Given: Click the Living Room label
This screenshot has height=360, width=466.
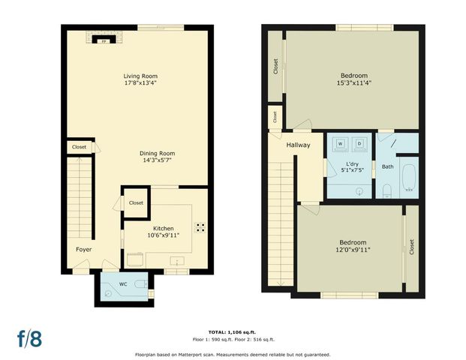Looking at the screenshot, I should click(x=140, y=76).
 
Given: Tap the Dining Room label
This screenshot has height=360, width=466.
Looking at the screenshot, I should click(x=141, y=153).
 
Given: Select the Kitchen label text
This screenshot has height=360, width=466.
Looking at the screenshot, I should click(x=164, y=228).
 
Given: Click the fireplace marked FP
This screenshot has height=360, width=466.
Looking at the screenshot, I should click(x=103, y=42).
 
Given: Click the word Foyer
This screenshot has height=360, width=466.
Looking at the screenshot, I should click(x=83, y=249).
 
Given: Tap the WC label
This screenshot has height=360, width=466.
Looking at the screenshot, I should click(x=122, y=284).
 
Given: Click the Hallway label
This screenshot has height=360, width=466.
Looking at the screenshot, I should click(x=298, y=145).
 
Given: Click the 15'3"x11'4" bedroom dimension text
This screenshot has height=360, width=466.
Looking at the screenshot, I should click(x=354, y=82).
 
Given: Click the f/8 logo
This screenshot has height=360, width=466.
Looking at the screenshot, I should click(x=29, y=337).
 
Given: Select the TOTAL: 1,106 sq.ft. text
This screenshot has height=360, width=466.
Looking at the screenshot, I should click(x=233, y=331).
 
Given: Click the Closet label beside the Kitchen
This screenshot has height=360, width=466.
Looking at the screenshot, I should click(x=136, y=202).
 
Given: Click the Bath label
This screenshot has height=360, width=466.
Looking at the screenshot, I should click(x=387, y=166).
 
